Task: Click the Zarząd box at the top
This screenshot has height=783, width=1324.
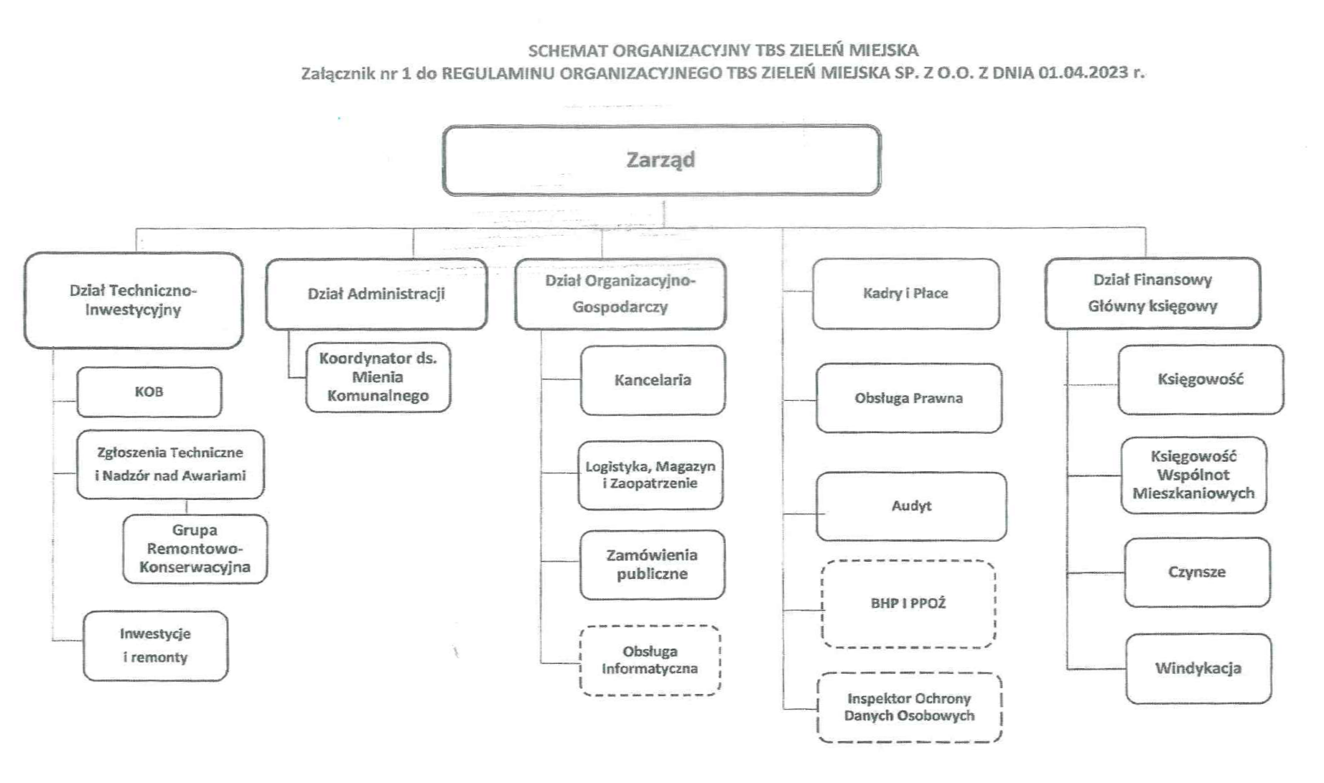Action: pos(661,160)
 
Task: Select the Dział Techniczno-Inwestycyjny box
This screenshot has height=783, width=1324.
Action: pos(134,300)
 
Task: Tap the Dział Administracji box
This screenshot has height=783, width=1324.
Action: pos(376,294)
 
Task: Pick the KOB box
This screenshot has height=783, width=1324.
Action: pos(149,392)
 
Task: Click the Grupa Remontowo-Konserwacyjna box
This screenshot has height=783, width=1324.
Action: pos(195,549)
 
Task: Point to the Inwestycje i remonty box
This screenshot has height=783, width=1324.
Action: pos(156,646)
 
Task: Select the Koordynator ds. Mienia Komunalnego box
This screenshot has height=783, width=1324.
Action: pos(378,377)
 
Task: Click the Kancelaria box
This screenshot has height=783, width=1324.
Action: pos(653,380)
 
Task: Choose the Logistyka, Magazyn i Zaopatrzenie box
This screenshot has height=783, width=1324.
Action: pos(651,475)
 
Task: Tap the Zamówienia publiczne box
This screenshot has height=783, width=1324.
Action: pos(652,565)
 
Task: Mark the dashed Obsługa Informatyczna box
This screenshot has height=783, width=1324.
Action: pos(651,660)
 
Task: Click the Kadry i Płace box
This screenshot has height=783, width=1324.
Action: pos(906,294)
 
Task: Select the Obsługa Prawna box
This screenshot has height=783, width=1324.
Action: pos(909,398)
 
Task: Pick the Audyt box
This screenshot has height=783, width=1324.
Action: pos(911,506)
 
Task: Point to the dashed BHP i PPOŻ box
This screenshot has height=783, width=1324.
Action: pos(908,604)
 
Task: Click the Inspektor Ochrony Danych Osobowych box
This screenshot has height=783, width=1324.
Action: pos(910,707)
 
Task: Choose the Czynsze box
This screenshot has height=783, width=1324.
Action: pos(1198,573)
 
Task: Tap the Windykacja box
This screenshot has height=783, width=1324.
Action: pos(1198,668)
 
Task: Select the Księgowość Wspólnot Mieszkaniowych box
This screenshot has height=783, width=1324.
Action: pos(1193,475)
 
